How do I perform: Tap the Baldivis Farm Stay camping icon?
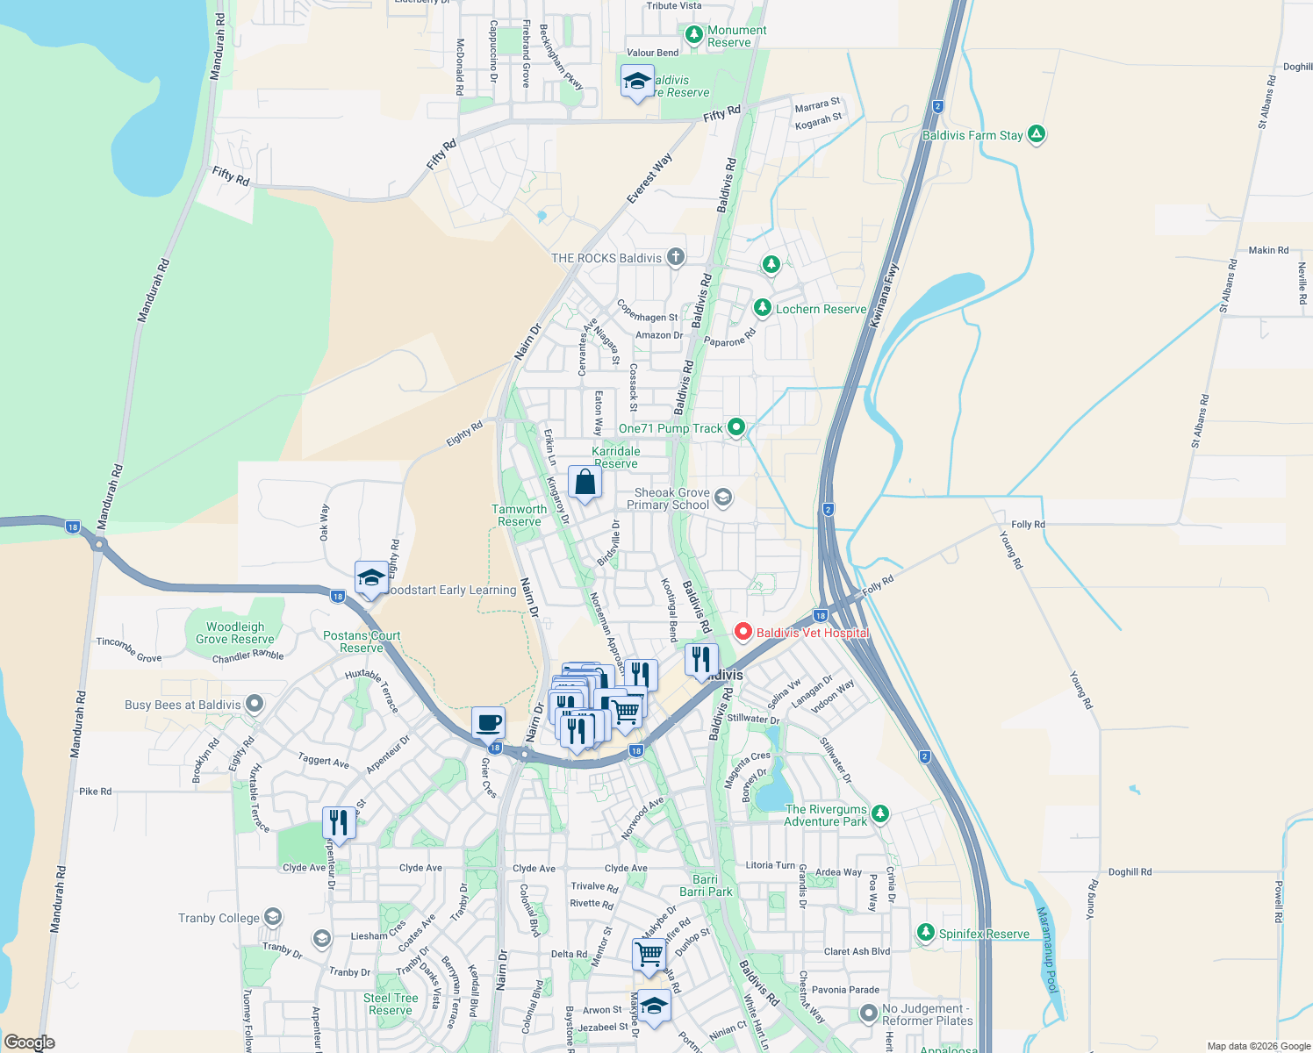[1037, 134]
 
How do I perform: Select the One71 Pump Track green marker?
[736, 427]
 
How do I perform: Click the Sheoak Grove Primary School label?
[668, 498]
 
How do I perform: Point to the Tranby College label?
[219, 918]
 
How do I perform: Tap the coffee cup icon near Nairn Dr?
[488, 723]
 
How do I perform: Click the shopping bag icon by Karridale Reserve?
[585, 483]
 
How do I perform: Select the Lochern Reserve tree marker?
[763, 307]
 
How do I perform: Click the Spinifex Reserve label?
[984, 934]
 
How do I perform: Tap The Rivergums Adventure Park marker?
[880, 813]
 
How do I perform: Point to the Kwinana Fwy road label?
[884, 296]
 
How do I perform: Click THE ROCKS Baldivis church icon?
[675, 257]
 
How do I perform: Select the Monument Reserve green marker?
[694, 34]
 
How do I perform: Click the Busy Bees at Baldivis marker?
[255, 704]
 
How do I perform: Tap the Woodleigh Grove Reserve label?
[234, 633]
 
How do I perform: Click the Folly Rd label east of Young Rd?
[1028, 524]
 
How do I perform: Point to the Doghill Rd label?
[1130, 871]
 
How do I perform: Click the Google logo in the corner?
[30, 1042]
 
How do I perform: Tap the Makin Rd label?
[1268, 250]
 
